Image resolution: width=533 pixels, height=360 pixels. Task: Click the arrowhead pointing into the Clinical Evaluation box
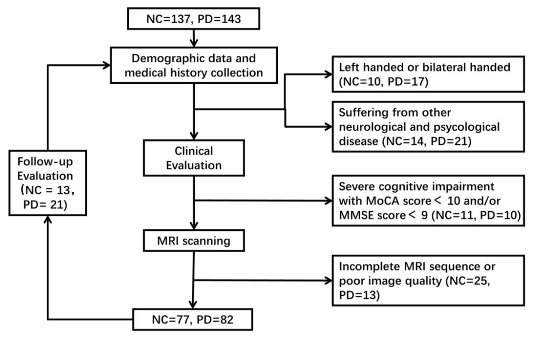point(194,136)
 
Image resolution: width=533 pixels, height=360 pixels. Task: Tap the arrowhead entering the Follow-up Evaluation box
point(48,220)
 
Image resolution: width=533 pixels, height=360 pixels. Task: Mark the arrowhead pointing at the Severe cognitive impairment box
point(328,201)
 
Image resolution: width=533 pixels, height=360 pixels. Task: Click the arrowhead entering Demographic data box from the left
point(106,65)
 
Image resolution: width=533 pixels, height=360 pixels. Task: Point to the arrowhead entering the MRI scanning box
point(194,226)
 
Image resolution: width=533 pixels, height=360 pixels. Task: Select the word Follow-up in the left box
point(45,162)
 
